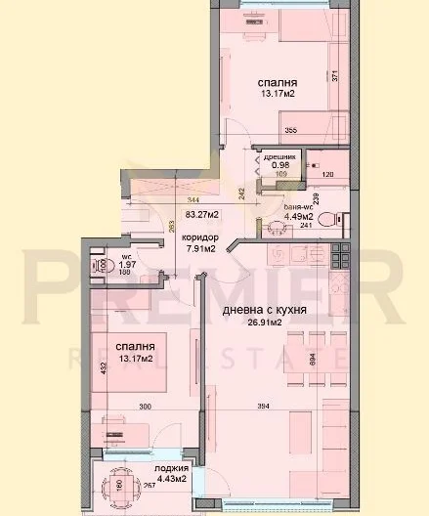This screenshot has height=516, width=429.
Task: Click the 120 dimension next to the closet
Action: pos(328,176)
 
